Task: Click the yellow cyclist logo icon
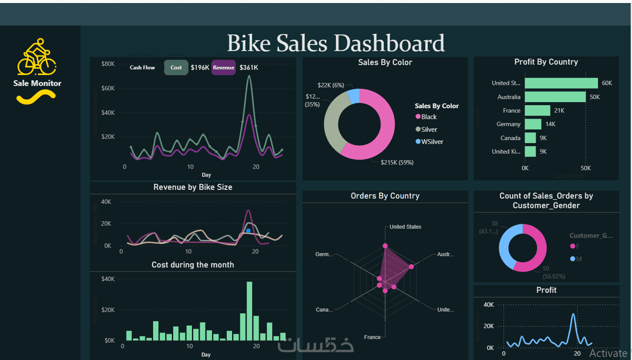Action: pyautogui.click(x=37, y=57)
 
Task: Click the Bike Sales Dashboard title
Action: pyautogui.click(x=336, y=43)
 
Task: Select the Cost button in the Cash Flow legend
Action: pyautogui.click(x=176, y=68)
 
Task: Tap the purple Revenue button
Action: pyautogui.click(x=223, y=68)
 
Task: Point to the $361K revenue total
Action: pyautogui.click(x=249, y=68)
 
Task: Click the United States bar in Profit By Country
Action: pyautogui.click(x=561, y=83)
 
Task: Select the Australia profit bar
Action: pyautogui.click(x=555, y=97)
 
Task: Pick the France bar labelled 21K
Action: pyautogui.click(x=537, y=110)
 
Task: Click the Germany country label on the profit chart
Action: pyautogui.click(x=508, y=124)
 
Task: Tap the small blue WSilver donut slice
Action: pyautogui.click(x=354, y=96)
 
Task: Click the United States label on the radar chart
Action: pyautogui.click(x=405, y=227)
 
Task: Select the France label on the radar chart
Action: pyautogui.click(x=372, y=337)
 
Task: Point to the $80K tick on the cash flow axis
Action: pyautogui.click(x=108, y=64)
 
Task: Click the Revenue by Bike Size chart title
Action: pyautogui.click(x=193, y=187)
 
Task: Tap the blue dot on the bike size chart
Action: pyautogui.click(x=248, y=231)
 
